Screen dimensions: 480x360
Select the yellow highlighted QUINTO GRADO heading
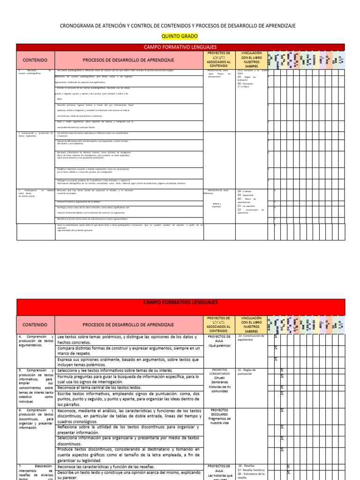click(180, 36)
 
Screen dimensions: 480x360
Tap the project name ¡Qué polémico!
click(218, 345)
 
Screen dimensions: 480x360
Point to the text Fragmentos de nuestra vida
click(218, 420)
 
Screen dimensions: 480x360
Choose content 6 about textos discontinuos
click(36, 418)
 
